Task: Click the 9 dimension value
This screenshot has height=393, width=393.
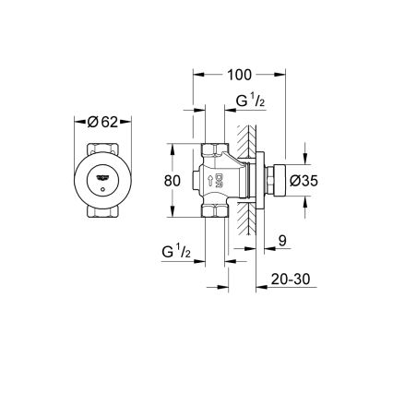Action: [x=283, y=240]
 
